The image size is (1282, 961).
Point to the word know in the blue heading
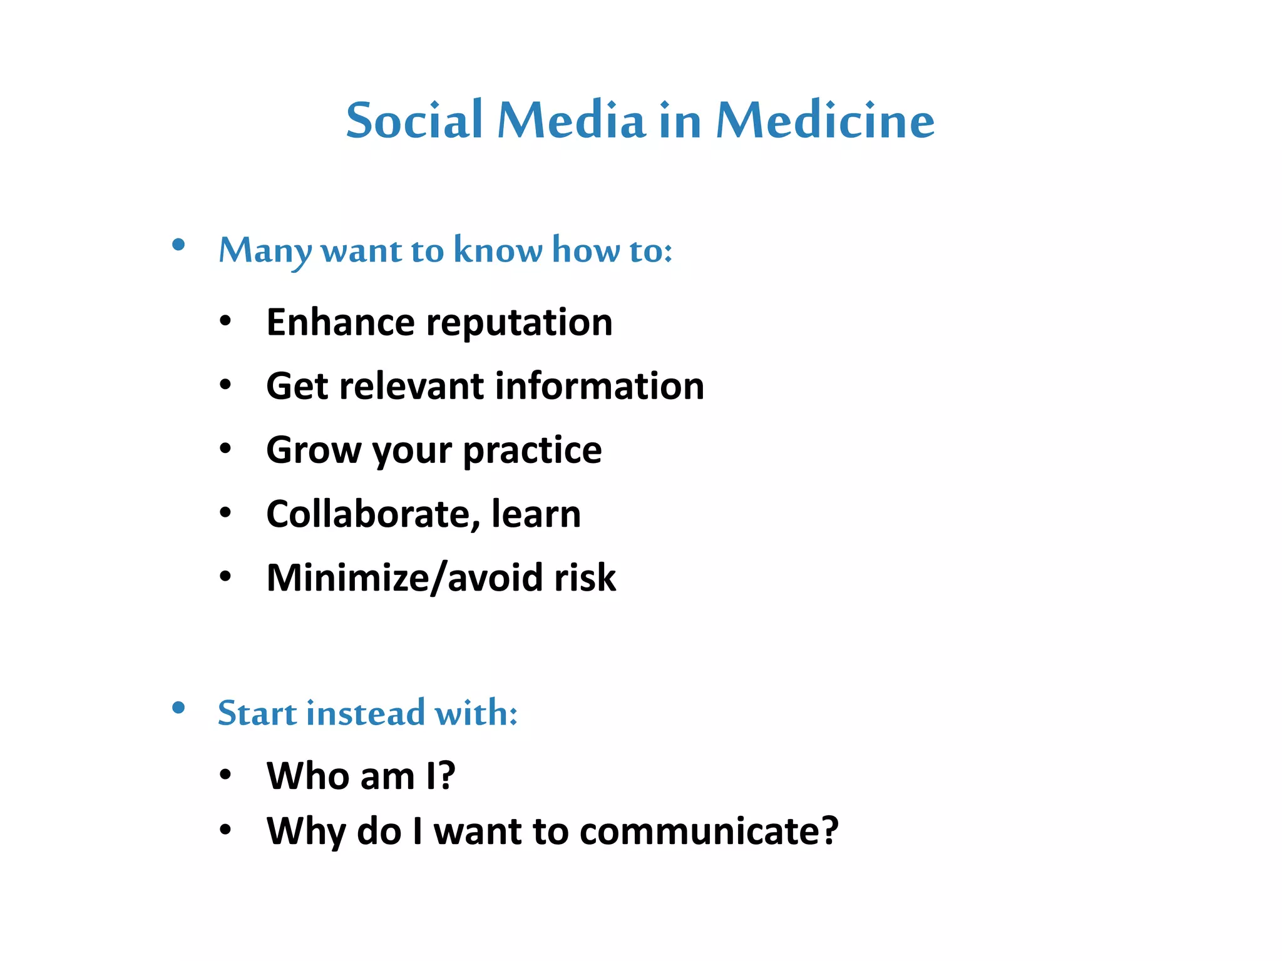(x=498, y=250)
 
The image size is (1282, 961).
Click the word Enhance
(x=340, y=322)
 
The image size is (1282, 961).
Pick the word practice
(x=532, y=450)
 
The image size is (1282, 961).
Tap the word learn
(x=536, y=514)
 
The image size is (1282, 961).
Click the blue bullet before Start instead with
(x=178, y=708)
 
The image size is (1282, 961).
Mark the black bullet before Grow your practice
(x=225, y=449)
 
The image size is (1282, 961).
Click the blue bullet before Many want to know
(x=178, y=245)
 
